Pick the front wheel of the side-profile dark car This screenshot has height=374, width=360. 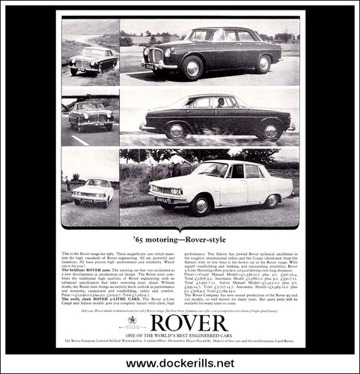click(x=177, y=132)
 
